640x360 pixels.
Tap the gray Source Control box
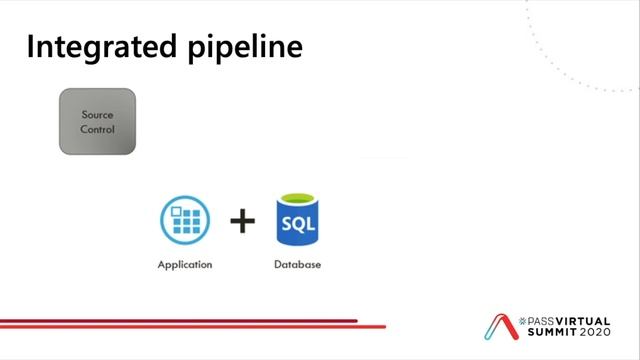pyautogui.click(x=97, y=122)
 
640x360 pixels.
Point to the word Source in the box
pyautogui.click(x=97, y=115)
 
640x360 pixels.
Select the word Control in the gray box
pyautogui.click(x=97, y=129)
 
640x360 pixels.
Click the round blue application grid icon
pyautogui.click(x=185, y=221)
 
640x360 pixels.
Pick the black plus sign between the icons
pyautogui.click(x=242, y=221)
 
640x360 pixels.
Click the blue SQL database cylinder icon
pyautogui.click(x=296, y=221)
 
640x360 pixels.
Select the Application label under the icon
pyautogui.click(x=185, y=265)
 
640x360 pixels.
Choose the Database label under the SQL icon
pyautogui.click(x=296, y=265)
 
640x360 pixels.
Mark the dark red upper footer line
pyautogui.click(x=180, y=321)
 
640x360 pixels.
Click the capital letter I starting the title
pyautogui.click(x=31, y=47)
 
